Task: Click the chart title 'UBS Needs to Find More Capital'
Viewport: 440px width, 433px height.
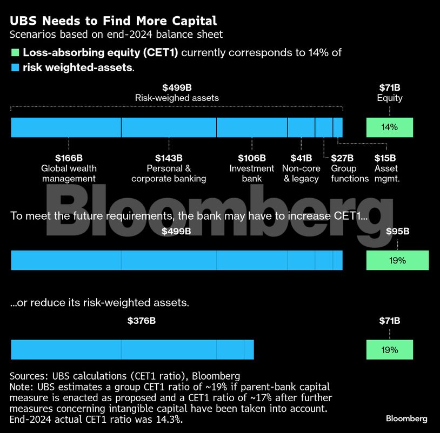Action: (113, 21)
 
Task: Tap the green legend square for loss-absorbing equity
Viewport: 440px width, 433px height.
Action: (15, 53)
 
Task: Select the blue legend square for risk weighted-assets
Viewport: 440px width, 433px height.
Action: (15, 68)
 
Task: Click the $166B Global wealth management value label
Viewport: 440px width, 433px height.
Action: (69, 158)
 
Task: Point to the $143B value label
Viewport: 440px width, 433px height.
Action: (169, 158)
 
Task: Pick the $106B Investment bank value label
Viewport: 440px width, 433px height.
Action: (252, 158)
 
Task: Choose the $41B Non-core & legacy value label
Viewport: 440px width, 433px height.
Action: (301, 158)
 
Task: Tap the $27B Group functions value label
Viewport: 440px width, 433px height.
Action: (342, 158)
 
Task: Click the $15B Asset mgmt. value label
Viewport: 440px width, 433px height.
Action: (385, 158)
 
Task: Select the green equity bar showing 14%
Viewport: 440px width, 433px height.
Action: (390, 127)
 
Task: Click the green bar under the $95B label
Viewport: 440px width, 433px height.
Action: (397, 260)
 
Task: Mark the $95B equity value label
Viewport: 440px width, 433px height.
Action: (398, 232)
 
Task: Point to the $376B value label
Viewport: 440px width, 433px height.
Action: (142, 321)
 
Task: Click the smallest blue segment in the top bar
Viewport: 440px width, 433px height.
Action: (338, 127)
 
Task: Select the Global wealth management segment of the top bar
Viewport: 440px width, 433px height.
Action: (66, 127)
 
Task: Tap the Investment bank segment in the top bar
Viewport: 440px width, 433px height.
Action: (252, 127)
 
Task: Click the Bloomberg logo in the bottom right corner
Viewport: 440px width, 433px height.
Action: (406, 418)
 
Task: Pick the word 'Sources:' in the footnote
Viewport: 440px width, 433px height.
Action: (29, 376)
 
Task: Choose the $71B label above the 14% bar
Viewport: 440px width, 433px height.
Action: (390, 87)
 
